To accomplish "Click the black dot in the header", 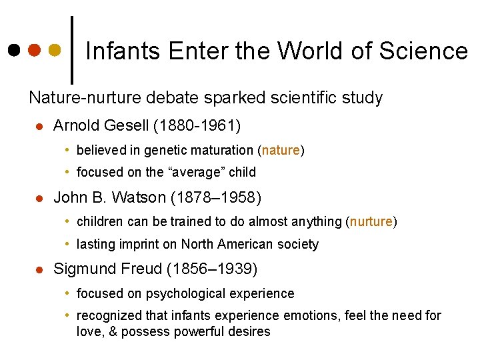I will point(15,50).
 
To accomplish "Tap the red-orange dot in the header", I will point(35,50).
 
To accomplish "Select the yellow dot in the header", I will point(55,50).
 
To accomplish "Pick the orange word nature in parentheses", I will point(281,151).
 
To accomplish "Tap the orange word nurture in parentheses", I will point(372,222).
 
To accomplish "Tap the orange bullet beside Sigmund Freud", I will point(39,270).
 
